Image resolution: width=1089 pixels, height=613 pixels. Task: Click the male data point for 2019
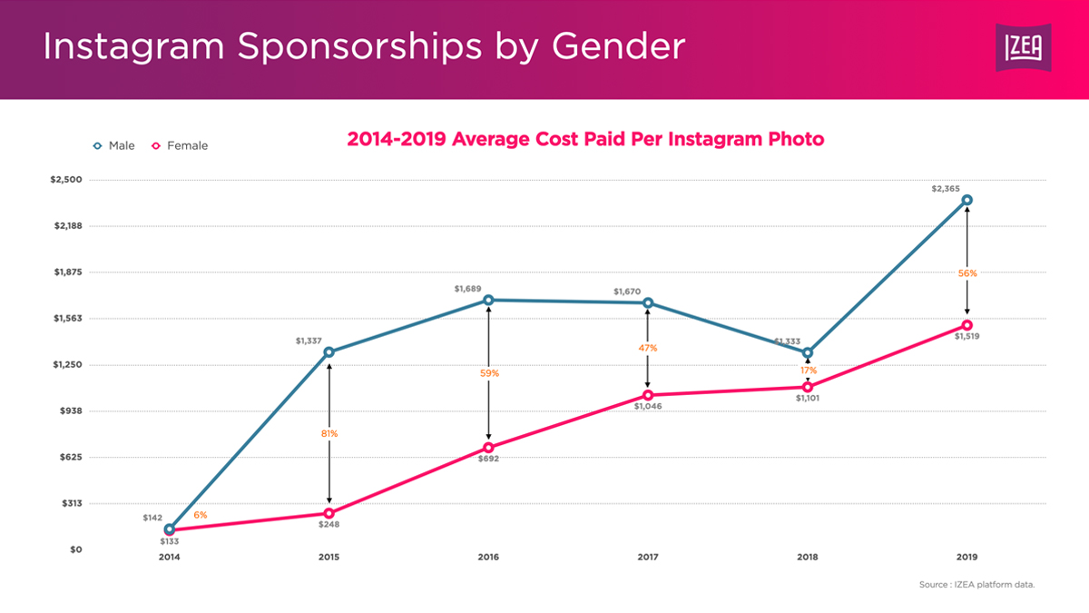967,200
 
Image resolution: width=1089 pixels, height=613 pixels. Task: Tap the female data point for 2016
488,448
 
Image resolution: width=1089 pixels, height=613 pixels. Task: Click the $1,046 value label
648,406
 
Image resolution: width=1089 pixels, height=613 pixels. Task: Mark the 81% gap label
329,434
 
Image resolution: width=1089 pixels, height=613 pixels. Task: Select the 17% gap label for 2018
808,371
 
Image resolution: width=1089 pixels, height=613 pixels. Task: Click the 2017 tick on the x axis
648,557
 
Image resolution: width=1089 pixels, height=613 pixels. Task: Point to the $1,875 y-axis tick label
66,272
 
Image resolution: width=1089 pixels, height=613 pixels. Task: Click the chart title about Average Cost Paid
585,139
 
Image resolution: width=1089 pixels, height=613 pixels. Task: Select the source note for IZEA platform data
976,585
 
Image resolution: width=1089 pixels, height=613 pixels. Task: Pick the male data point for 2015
329,352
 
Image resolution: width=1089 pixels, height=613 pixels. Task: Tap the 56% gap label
967,273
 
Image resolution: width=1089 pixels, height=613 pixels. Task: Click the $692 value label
488,459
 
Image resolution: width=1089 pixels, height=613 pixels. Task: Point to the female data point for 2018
808,387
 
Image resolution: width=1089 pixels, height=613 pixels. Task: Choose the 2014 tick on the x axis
169,557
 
